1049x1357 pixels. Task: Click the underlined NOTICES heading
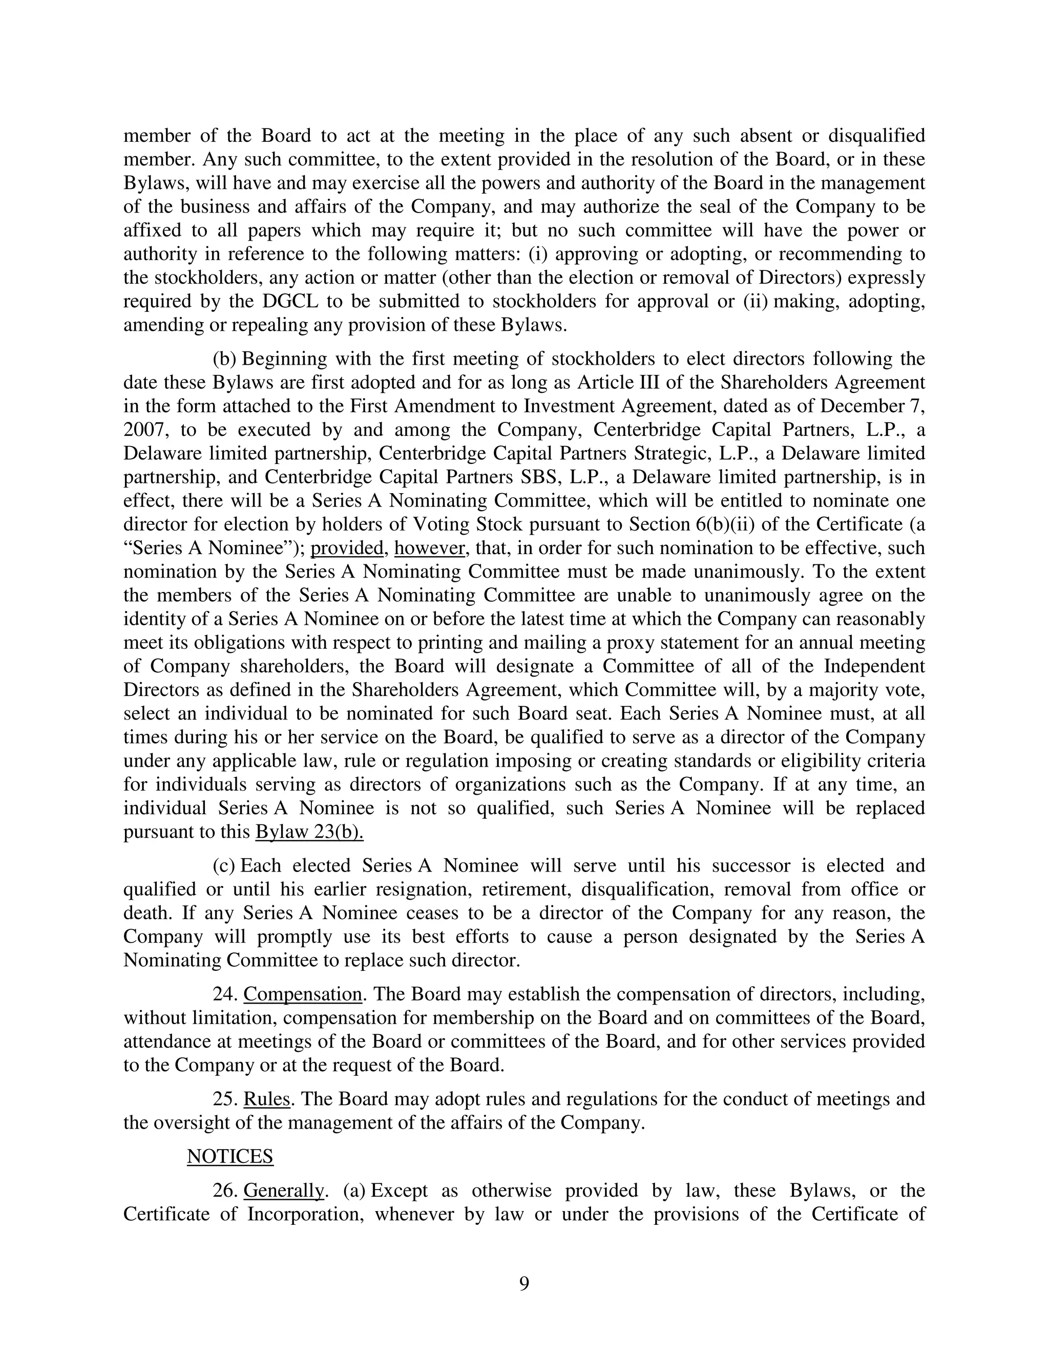[x=230, y=1156]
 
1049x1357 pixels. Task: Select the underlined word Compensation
[x=303, y=994]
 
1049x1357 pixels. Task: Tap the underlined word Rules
[x=266, y=1098]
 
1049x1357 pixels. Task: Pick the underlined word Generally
[x=283, y=1191]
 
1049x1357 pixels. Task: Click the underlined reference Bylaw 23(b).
[x=309, y=831]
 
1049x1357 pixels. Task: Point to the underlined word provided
[x=347, y=548]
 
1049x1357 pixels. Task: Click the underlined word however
[x=429, y=548]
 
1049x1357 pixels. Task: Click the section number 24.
[x=225, y=994]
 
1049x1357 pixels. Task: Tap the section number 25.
[x=225, y=1098]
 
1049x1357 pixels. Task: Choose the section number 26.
[x=225, y=1191]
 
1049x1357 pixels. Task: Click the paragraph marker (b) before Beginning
[x=224, y=359]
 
